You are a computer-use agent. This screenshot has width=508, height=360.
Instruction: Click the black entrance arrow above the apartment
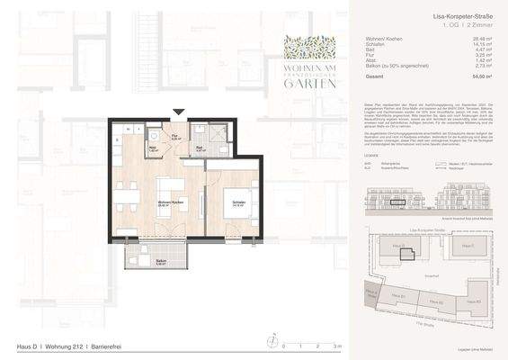(x=178, y=112)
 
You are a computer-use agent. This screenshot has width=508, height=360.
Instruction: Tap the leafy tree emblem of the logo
(x=311, y=48)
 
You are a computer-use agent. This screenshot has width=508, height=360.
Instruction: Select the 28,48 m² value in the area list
(x=484, y=40)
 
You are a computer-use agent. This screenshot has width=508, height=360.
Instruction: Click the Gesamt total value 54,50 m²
(x=484, y=79)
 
